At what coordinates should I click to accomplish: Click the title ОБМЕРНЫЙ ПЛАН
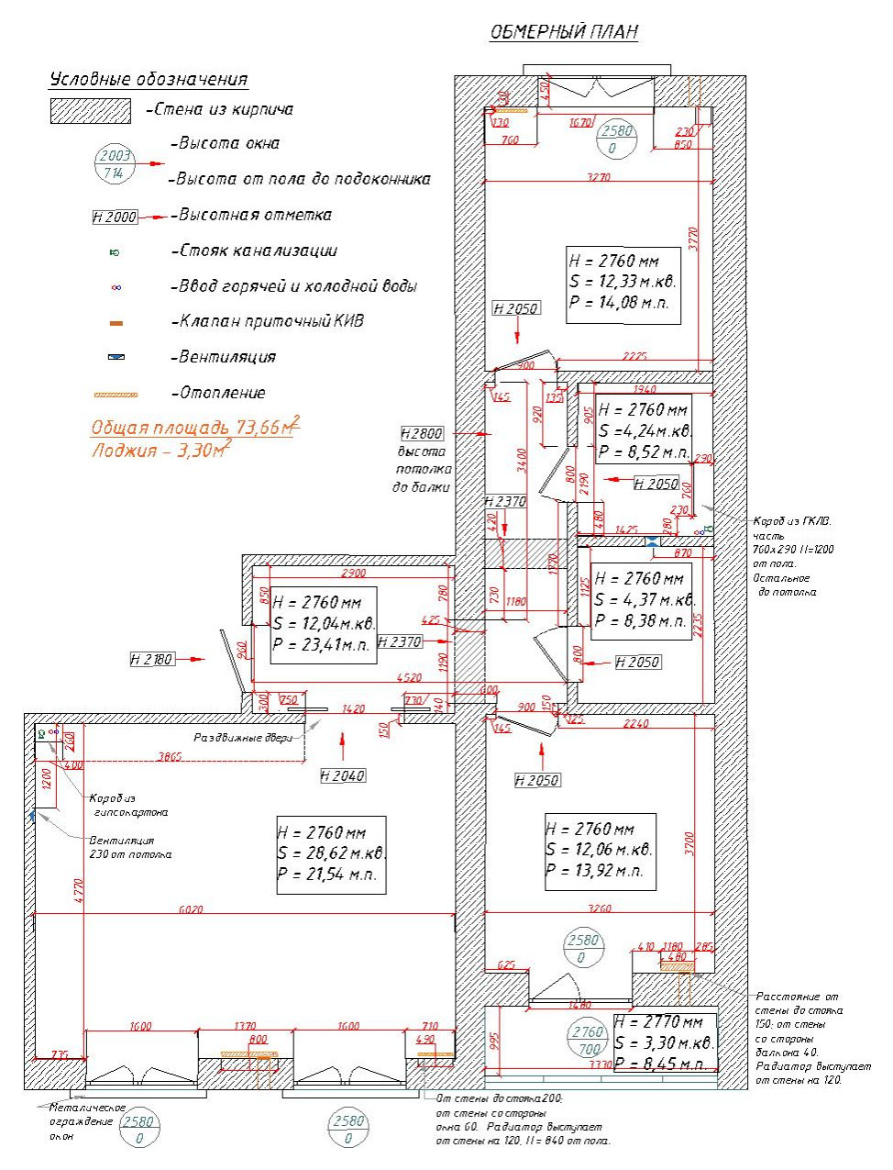(564, 32)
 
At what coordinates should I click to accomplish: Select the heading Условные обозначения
(149, 80)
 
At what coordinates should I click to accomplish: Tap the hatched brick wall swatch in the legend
(90, 111)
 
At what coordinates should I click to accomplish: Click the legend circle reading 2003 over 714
(115, 164)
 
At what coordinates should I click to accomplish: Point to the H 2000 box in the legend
(115, 217)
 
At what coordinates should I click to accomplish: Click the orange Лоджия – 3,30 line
(160, 451)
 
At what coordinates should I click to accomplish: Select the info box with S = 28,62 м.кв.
(331, 854)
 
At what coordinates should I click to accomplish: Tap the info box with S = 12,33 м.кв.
(623, 284)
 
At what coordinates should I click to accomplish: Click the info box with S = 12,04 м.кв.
(324, 624)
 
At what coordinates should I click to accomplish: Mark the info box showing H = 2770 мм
(664, 1043)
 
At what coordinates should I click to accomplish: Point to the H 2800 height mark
(422, 433)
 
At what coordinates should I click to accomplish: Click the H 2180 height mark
(151, 659)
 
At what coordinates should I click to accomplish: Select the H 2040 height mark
(343, 775)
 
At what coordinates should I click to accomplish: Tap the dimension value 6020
(191, 909)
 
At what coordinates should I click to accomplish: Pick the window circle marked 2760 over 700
(588, 1040)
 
